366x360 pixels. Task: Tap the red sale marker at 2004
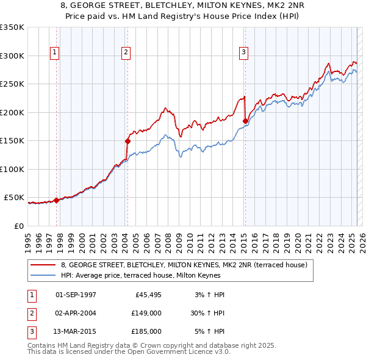point(127,141)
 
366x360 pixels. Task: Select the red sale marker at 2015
point(245,121)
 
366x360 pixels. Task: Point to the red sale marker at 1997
point(56,200)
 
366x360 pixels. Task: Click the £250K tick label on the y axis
point(12,84)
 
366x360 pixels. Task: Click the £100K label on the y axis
point(12,169)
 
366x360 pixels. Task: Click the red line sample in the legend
point(43,264)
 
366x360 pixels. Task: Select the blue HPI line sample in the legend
point(43,275)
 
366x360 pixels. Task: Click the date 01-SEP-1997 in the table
point(76,295)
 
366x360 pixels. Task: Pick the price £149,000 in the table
point(146,313)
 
